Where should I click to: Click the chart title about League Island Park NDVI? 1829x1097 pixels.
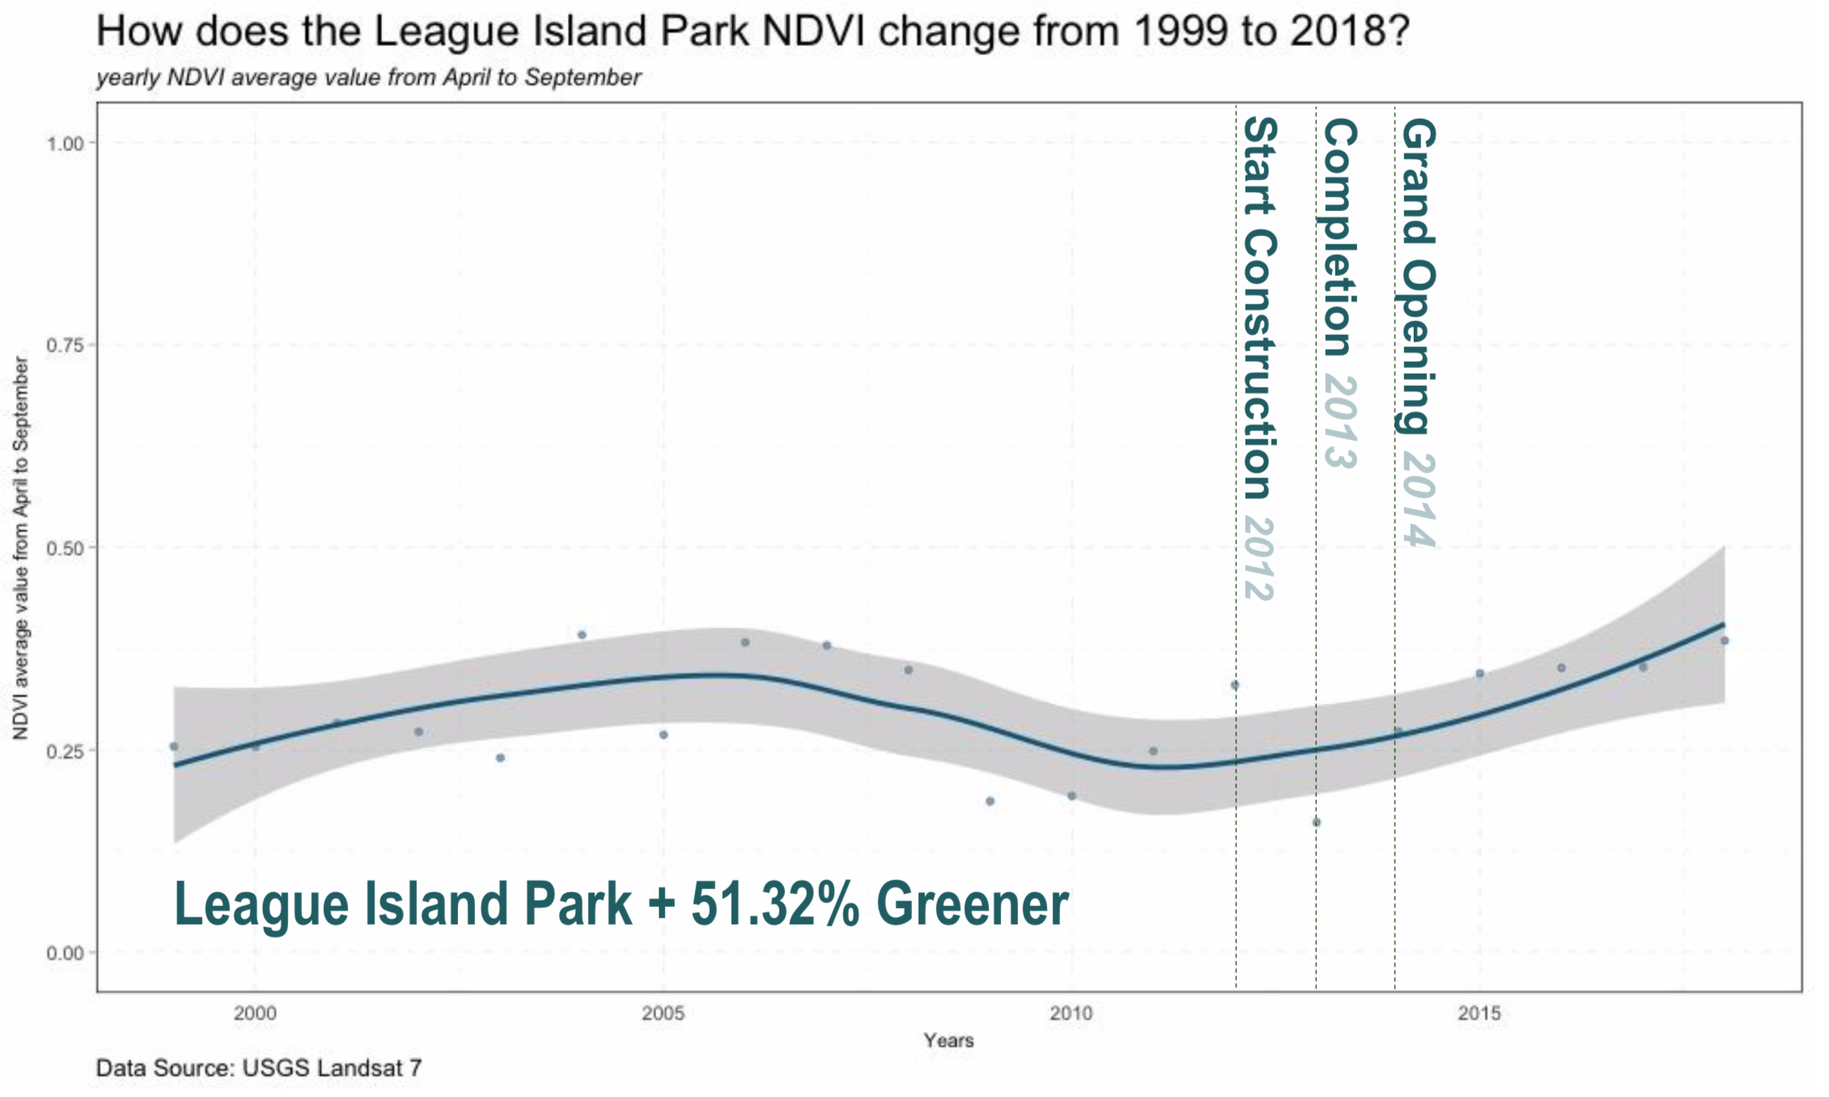[x=753, y=32]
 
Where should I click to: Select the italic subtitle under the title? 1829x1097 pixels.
[x=368, y=78]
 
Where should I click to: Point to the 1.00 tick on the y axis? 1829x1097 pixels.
[x=65, y=144]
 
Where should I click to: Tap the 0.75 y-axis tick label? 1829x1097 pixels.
[x=65, y=345]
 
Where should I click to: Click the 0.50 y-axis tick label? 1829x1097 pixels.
[x=65, y=548]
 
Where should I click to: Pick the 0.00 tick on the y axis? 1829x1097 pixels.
[x=65, y=953]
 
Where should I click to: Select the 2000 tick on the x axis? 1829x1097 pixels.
[x=255, y=1013]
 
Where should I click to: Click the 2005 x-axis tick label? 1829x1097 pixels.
[x=663, y=1013]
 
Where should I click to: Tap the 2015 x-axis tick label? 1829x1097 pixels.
[x=1479, y=1013]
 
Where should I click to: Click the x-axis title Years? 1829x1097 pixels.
[x=948, y=1040]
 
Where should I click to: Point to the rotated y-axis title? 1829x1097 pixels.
[x=21, y=548]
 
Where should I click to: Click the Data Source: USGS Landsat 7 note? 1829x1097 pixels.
[x=259, y=1068]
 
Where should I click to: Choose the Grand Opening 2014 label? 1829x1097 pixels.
[x=1418, y=332]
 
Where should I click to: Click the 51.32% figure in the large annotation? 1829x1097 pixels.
[x=774, y=904]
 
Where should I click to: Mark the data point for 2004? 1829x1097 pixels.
[x=582, y=635]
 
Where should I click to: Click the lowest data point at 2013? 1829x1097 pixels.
[x=1316, y=823]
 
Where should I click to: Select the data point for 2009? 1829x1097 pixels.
[x=990, y=802]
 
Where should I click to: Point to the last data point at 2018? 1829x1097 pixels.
[x=1724, y=641]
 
